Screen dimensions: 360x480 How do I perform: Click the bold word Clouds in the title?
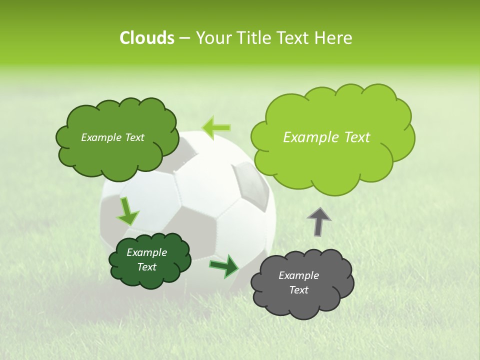(x=146, y=38)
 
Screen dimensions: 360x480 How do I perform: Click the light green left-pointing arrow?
(x=216, y=127)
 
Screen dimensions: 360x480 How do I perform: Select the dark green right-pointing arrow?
(x=224, y=266)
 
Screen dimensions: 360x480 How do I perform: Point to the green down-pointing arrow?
(x=127, y=211)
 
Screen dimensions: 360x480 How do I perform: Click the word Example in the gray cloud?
(x=298, y=275)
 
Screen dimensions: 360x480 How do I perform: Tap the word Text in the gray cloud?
(x=298, y=290)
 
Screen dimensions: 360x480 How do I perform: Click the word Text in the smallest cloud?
(x=146, y=267)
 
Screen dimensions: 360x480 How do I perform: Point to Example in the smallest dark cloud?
(x=146, y=252)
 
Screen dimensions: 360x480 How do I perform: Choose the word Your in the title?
(x=213, y=38)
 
